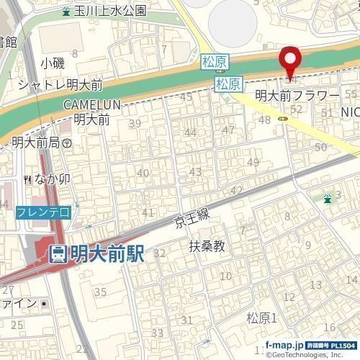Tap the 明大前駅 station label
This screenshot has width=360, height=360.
[96, 253]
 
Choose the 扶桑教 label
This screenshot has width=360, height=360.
[207, 246]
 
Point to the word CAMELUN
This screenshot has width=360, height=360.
[91, 105]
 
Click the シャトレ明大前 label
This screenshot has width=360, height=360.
[53, 84]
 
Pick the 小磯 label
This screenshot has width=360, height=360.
[53, 63]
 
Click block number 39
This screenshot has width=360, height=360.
[135, 124]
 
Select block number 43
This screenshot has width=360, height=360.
[194, 171]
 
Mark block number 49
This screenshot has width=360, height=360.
[253, 162]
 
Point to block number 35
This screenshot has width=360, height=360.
[101, 292]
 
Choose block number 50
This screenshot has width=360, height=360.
[321, 146]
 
